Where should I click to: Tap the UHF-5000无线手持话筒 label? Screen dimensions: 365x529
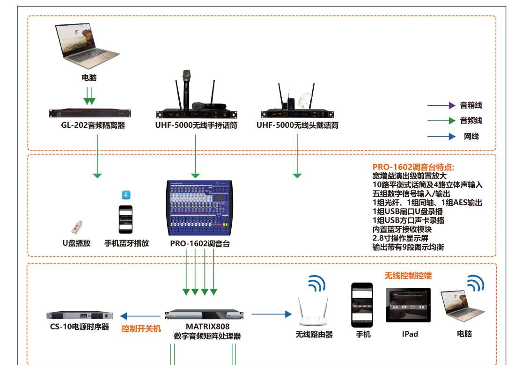(x=196, y=125)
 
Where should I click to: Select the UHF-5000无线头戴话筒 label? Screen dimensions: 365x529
(x=297, y=125)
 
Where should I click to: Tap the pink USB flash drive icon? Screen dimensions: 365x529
(x=77, y=226)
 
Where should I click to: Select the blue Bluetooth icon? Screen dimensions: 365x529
(x=125, y=195)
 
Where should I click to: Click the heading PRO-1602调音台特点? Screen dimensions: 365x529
(x=413, y=167)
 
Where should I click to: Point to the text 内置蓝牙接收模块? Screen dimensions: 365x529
(x=402, y=229)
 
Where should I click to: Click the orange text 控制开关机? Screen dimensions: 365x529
(x=141, y=328)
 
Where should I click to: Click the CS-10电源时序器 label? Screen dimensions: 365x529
(x=80, y=327)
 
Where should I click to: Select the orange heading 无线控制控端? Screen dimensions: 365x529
(x=408, y=276)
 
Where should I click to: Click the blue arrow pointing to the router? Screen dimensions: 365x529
(x=272, y=314)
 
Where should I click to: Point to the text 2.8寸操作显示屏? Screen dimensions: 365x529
(x=398, y=238)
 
